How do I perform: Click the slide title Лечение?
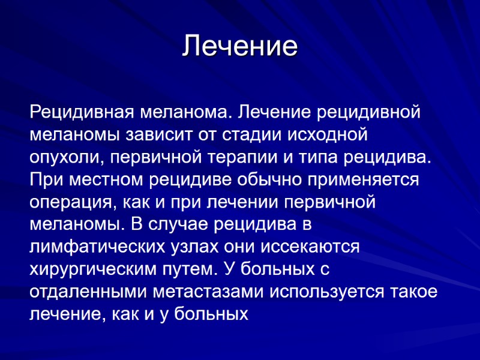240,46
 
